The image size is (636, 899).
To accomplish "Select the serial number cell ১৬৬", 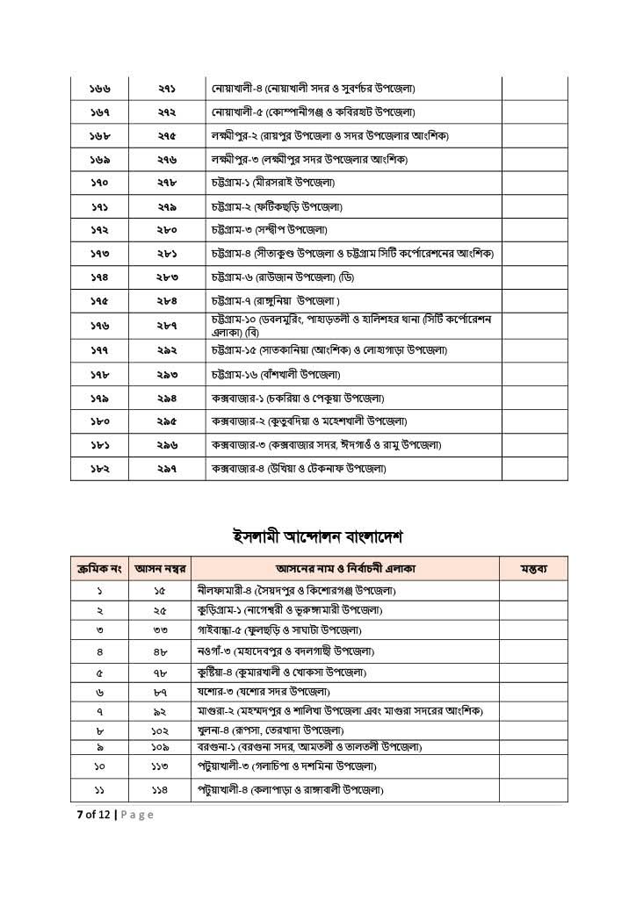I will click(x=99, y=90).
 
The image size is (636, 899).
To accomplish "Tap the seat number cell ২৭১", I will click(x=168, y=90).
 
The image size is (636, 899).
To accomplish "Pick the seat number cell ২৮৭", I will click(x=168, y=325).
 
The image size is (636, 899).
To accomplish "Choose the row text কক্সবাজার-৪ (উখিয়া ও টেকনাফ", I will click(x=298, y=469).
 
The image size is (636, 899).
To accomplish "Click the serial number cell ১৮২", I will click(x=99, y=469).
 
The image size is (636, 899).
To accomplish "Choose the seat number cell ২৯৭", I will click(x=168, y=469).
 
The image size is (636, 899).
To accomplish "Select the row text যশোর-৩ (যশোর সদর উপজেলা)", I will click(x=269, y=692).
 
